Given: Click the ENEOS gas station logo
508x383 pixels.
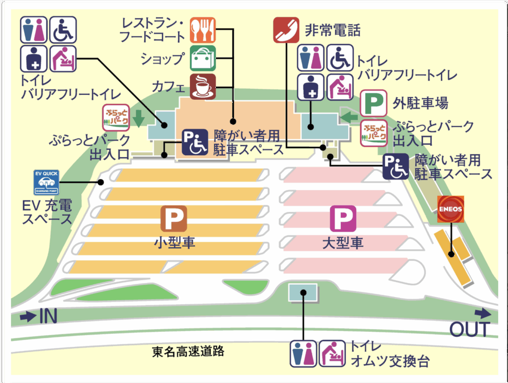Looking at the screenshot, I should click(450, 209).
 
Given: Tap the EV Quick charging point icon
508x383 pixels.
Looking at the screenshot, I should click(46, 183).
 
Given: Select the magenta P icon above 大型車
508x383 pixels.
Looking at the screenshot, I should click(343, 219).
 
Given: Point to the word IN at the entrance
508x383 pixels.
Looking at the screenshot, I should click(49, 317).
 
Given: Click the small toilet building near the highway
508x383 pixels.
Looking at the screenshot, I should click(303, 292).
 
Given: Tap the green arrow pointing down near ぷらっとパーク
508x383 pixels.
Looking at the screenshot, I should click(139, 119).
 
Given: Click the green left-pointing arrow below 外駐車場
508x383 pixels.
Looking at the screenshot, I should click(350, 117).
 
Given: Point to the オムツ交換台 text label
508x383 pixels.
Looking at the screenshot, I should click(382, 361).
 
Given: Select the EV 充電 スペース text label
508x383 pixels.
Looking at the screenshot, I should click(47, 211).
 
